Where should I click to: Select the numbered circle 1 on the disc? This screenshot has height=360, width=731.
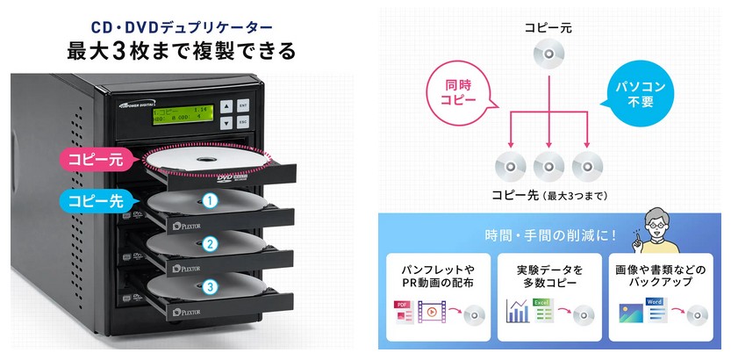(210, 201)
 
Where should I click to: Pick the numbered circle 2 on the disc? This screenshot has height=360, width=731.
(210, 243)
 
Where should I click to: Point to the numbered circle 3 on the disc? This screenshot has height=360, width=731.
(210, 286)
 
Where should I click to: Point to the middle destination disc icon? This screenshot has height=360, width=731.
(548, 164)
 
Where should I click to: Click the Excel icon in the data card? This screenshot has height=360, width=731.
(542, 307)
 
